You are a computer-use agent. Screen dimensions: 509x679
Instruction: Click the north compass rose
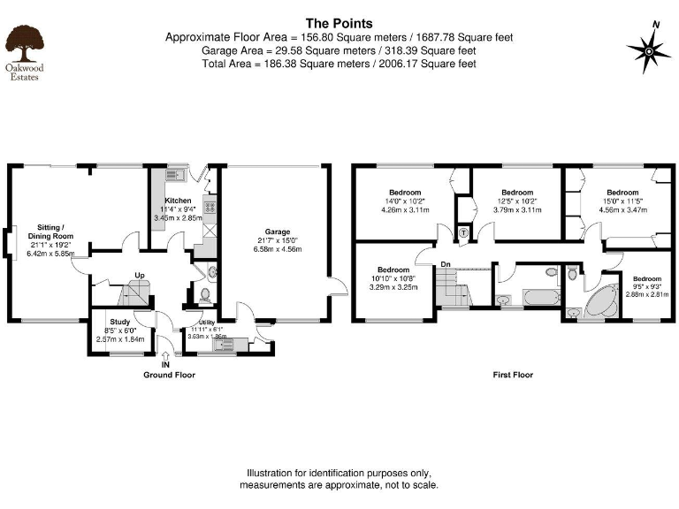tap(649, 51)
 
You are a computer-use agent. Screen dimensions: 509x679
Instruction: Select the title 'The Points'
tap(339, 24)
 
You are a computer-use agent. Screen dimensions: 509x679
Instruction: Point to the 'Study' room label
tap(119, 322)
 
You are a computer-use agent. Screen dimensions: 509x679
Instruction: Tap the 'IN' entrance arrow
tap(165, 356)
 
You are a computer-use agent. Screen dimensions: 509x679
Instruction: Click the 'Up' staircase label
tap(140, 275)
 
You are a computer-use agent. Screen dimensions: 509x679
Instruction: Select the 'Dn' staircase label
tap(446, 263)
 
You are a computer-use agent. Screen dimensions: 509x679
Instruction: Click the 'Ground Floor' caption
tap(169, 375)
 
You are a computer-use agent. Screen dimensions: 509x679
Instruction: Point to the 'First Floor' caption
tap(513, 375)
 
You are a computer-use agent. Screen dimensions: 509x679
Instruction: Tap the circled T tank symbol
tap(464, 232)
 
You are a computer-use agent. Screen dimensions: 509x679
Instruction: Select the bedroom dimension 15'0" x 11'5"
tap(622, 201)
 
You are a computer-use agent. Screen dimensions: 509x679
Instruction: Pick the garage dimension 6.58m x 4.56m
tap(278, 250)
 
